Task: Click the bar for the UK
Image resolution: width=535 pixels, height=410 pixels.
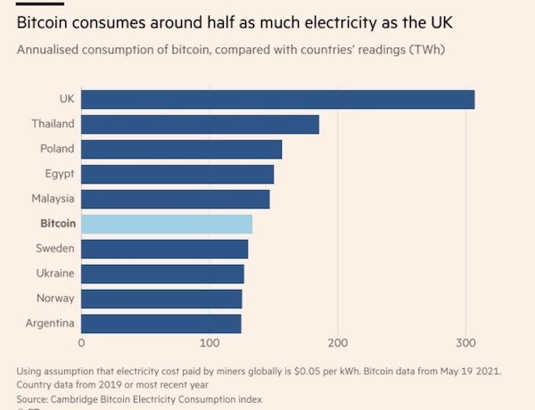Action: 277,99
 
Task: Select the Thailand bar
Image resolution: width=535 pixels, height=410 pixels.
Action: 200,124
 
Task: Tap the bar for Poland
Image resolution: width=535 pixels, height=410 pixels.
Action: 181,149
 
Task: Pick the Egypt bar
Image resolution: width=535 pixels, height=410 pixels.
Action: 177,174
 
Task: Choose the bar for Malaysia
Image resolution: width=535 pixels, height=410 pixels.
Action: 175,199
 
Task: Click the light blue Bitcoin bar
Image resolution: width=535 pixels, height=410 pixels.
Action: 167,224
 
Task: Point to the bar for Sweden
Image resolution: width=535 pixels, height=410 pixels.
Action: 164,249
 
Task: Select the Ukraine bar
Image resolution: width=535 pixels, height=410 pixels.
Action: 162,274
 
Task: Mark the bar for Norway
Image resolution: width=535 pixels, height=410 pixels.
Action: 161,299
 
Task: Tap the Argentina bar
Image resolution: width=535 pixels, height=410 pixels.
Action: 160,323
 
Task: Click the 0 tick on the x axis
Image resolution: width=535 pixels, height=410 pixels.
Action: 81,342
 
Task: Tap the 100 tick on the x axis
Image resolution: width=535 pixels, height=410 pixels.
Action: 210,342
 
